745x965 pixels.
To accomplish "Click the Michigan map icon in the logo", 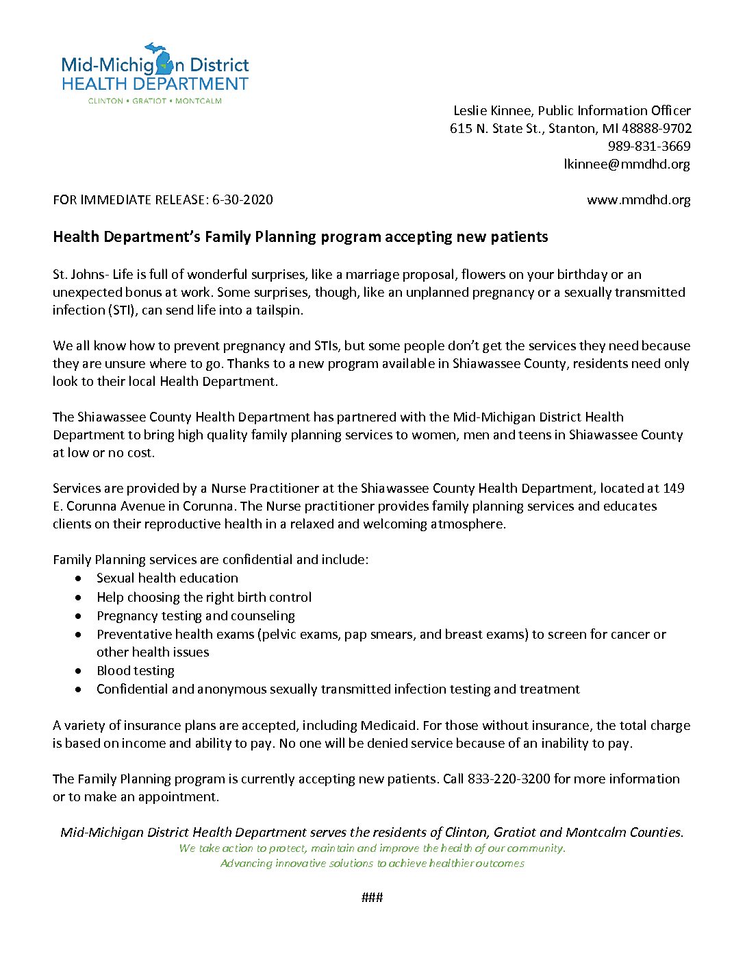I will point(165,60).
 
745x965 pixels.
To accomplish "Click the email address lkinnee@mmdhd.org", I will point(627,164).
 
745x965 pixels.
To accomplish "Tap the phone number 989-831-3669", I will point(648,146).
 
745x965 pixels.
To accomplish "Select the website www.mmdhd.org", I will point(638,199).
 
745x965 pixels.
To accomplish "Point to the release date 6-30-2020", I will point(242,199).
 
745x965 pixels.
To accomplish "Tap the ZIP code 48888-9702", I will point(657,128).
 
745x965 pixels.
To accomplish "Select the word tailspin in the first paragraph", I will point(278,310).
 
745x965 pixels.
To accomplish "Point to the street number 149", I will point(674,488).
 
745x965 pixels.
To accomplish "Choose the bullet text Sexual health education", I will point(167,578).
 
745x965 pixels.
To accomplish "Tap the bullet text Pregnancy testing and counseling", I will point(195,615).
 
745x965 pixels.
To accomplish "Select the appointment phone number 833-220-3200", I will point(509,779).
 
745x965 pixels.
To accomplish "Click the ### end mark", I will point(372,897).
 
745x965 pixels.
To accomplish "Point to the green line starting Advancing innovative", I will point(372,863).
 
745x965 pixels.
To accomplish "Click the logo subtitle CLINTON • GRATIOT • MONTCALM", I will point(155,101).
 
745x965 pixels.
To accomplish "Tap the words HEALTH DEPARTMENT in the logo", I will point(155,84).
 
